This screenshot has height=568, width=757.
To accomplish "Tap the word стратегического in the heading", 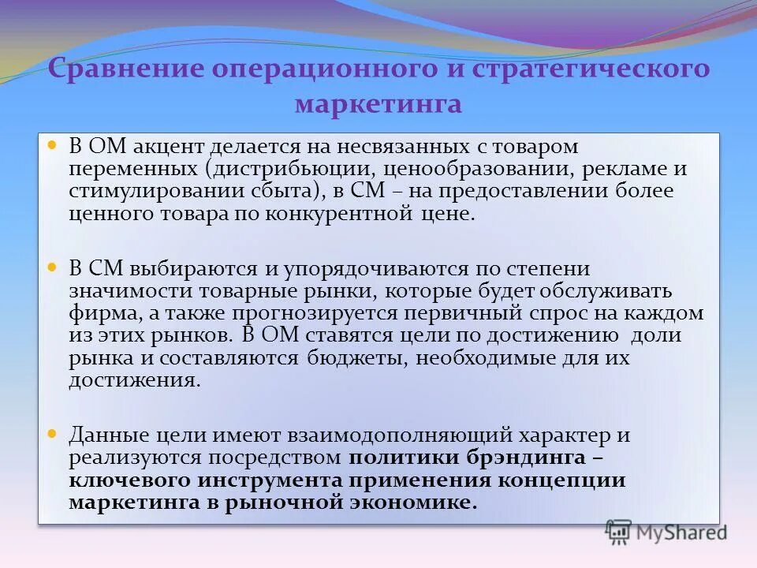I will pos(591,68).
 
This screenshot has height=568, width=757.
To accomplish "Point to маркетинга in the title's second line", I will pos(378,104).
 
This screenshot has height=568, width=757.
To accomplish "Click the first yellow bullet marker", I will pos(53,146).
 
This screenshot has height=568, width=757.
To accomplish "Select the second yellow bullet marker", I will pos(53,268).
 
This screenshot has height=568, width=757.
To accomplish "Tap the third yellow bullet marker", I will pos(53,434).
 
